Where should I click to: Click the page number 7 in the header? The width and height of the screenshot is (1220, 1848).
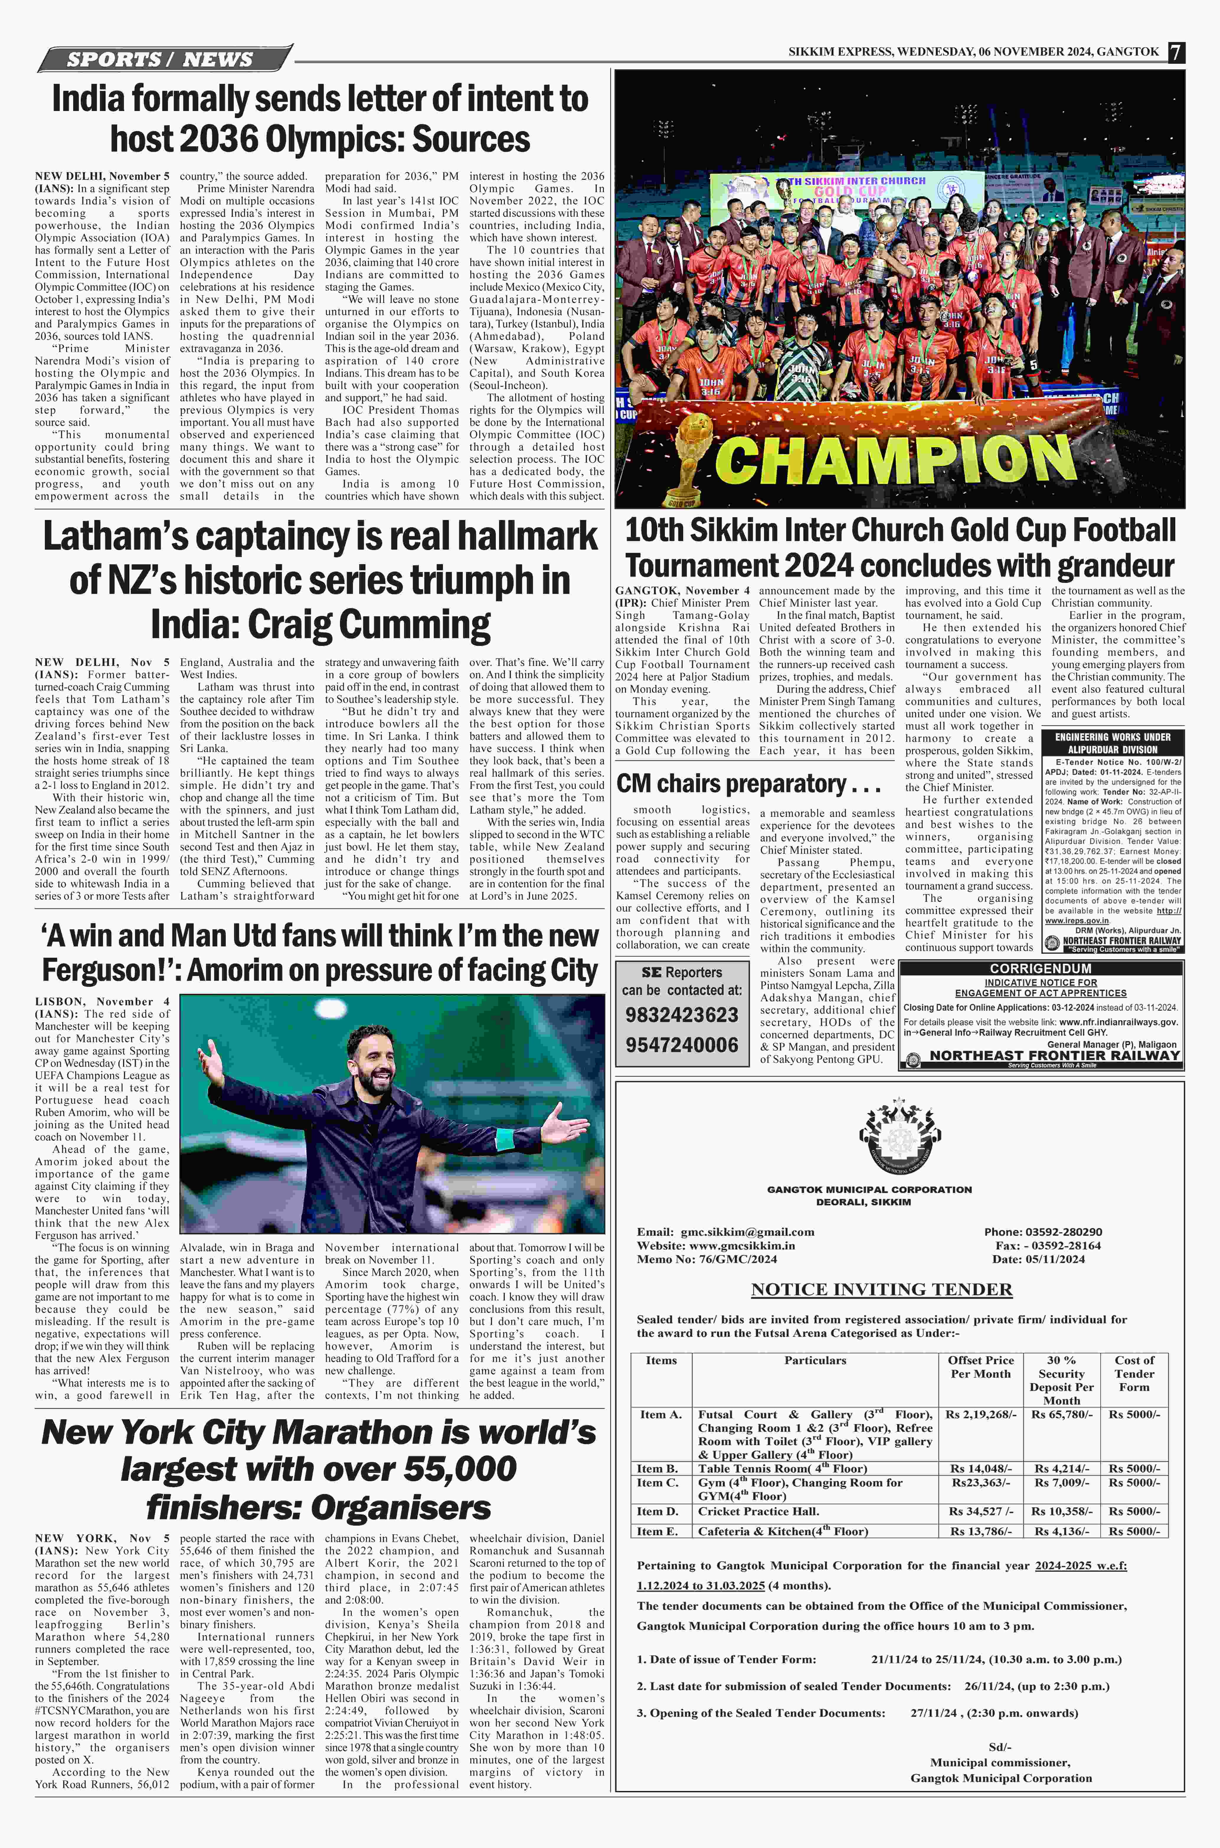(x=1176, y=52)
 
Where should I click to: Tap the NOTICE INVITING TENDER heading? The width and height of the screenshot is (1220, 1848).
(x=882, y=1289)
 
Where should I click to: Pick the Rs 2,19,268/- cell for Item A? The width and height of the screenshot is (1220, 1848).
(x=980, y=1415)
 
